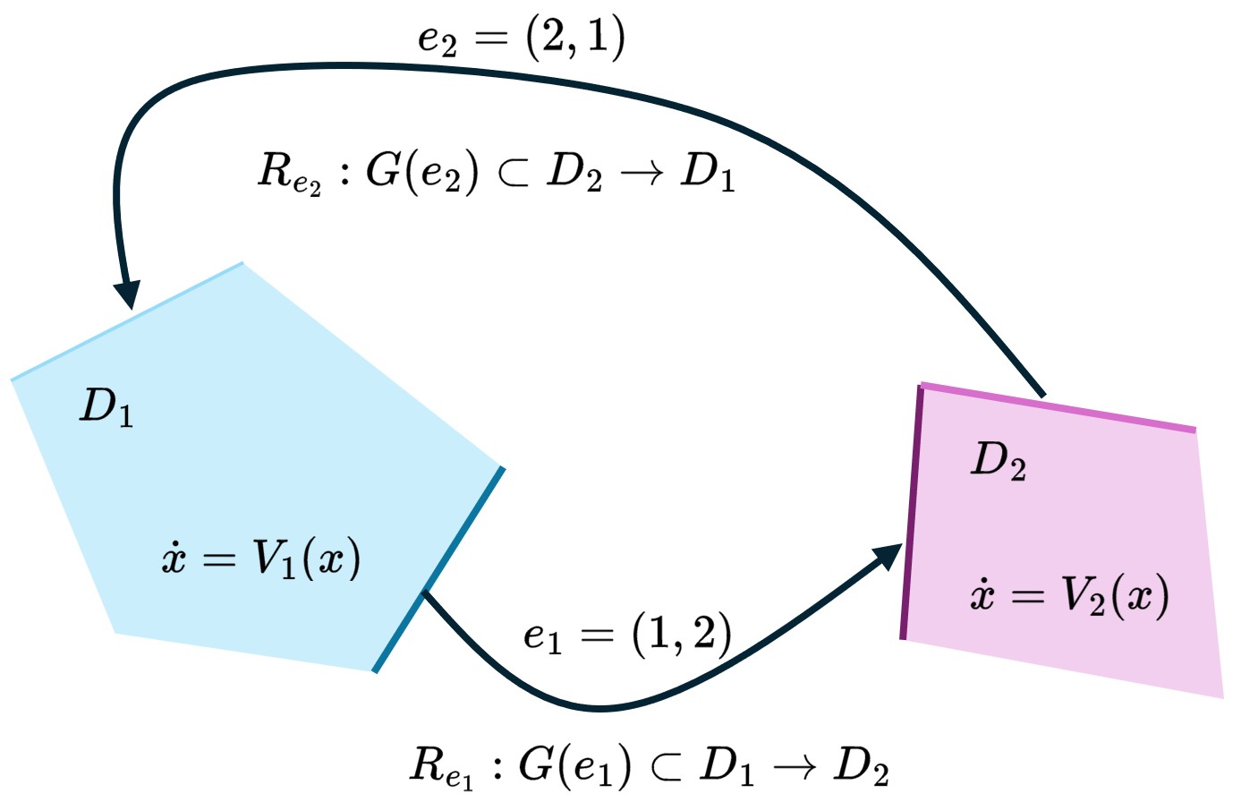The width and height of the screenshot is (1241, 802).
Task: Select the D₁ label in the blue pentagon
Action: point(106,409)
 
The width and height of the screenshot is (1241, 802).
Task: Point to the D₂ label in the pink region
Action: point(998,463)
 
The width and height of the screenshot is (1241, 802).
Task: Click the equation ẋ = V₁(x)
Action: point(260,560)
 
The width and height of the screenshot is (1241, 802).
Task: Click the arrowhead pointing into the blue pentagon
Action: point(128,294)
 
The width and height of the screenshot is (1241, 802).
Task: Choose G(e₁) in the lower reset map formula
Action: point(575,764)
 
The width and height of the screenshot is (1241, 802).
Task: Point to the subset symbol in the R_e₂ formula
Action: point(513,173)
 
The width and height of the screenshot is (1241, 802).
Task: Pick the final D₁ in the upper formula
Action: point(707,172)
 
